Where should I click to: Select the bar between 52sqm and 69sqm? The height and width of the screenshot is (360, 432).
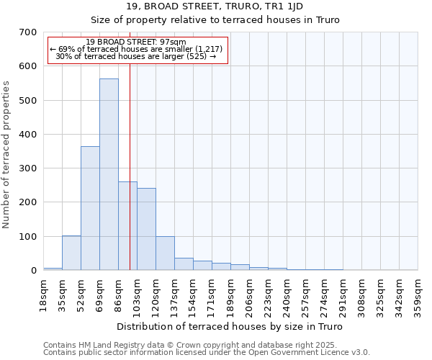90,208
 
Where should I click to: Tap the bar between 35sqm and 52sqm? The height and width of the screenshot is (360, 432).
71,253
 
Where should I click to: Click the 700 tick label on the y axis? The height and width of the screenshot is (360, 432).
28,32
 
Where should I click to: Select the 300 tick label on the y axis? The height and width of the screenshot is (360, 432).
28,168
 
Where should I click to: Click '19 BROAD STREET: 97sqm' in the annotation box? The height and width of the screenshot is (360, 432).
135,42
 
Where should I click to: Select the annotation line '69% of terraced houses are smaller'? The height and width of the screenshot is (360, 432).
136,49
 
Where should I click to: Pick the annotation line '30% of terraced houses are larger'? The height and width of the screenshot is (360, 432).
135,56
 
